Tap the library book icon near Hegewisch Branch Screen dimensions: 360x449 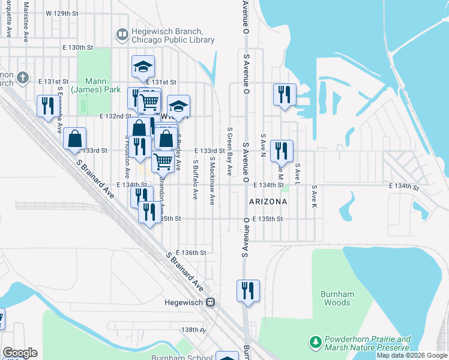click(x=122, y=35)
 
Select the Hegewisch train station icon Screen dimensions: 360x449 click(x=210, y=302)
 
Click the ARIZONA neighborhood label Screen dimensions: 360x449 click(x=268, y=202)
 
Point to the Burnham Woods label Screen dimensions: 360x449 click(x=337, y=298)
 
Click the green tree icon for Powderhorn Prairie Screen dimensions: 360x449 click(x=315, y=342)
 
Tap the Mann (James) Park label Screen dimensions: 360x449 click(x=88, y=86)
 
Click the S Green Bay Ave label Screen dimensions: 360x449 click(x=229, y=151)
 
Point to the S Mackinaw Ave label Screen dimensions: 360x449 click(x=212, y=181)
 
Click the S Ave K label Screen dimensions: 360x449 click(x=313, y=196)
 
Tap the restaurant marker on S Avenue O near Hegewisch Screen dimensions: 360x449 click(x=248, y=290)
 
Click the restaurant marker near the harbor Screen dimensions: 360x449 click(x=285, y=94)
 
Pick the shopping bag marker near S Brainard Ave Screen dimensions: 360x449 click(x=74, y=138)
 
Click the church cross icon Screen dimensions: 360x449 click(x=23, y=78)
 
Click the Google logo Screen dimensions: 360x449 click(x=20, y=353)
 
